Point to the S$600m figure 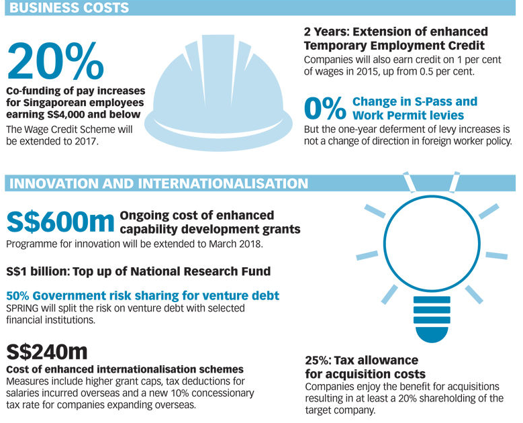pyautogui.click(x=60, y=222)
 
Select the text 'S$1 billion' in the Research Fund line pyautogui.click(x=38, y=272)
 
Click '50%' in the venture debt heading pyautogui.click(x=19, y=295)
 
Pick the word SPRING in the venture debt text pyautogui.click(x=24, y=308)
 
